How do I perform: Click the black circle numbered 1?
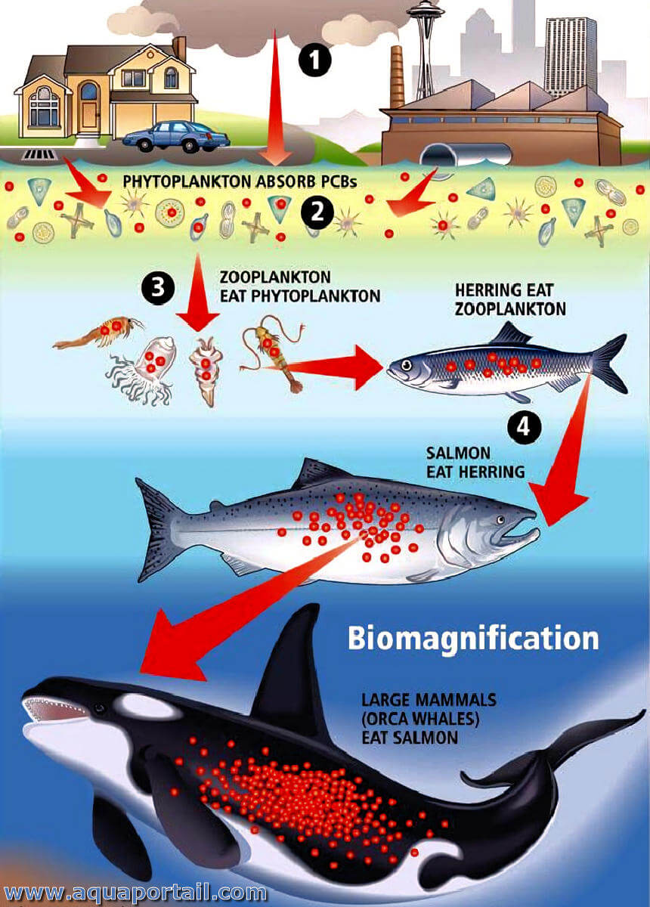click(314, 60)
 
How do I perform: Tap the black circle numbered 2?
click(317, 212)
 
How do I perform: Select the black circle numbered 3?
click(158, 288)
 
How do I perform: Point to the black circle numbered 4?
click(525, 428)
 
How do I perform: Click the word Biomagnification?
click(473, 638)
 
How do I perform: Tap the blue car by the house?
click(176, 136)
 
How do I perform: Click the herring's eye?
click(407, 365)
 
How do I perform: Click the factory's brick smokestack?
click(398, 77)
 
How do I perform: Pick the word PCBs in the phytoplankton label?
click(339, 182)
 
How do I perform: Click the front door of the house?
click(89, 115)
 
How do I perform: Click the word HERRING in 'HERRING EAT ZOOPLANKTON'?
click(485, 290)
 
